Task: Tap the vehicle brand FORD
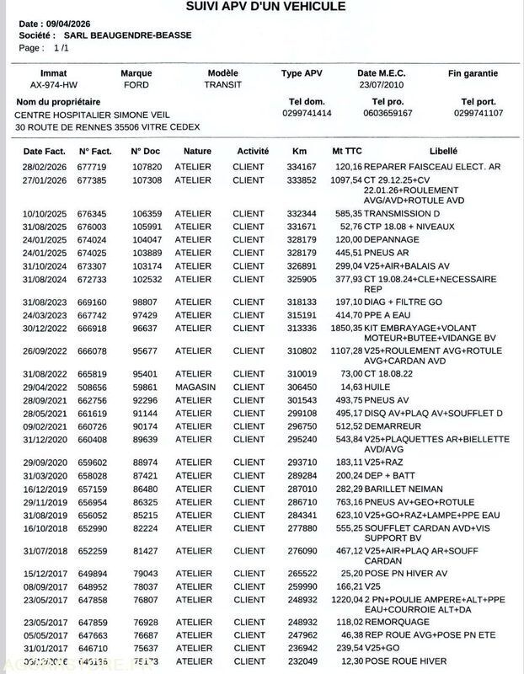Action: point(136,85)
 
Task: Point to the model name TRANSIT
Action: point(222,85)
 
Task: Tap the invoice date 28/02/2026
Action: point(44,168)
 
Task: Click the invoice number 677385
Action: point(95,180)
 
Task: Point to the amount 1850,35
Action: point(345,325)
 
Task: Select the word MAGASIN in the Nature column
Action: point(195,388)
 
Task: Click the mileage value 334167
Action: point(302,168)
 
